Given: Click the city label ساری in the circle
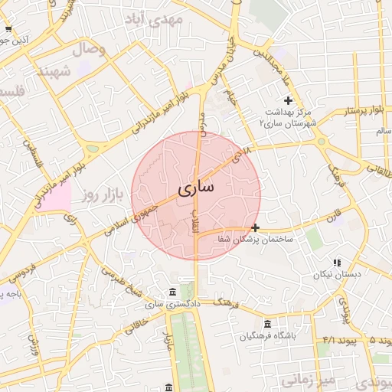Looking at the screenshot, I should click(196, 187).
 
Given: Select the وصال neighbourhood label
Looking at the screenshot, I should click(89, 50).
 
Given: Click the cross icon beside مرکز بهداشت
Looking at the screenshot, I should click(288, 100).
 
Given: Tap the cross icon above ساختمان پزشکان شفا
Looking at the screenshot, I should click(255, 227).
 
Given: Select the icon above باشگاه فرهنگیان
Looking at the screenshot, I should click(266, 324).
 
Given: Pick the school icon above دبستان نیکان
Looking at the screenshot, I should click(337, 263).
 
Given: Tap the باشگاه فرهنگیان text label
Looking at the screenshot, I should click(266, 336).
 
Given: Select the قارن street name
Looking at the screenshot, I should click(332, 214).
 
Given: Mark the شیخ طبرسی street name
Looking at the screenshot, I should click(122, 284).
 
